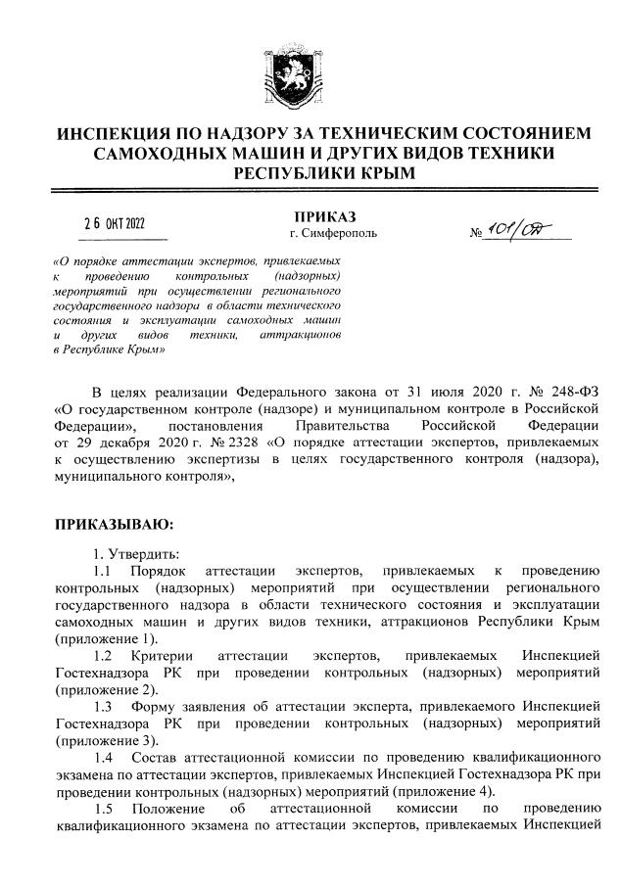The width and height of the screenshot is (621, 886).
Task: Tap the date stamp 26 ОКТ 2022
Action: tap(123, 222)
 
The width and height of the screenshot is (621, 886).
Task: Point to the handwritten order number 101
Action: tap(509, 229)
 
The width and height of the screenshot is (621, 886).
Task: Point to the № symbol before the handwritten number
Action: tap(478, 235)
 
